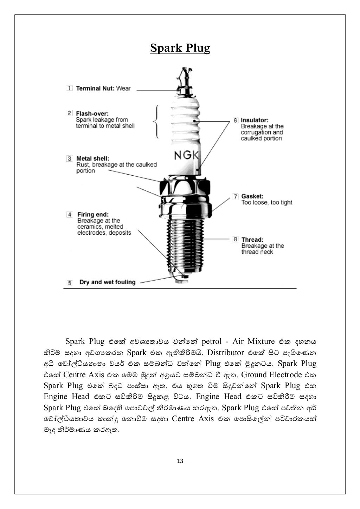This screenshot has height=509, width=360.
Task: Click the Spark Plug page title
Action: [x=180, y=48]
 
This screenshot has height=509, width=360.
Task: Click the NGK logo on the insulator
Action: [x=186, y=155]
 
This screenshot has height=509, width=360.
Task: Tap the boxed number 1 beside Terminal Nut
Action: [x=70, y=88]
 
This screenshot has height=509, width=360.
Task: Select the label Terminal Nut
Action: [x=95, y=89]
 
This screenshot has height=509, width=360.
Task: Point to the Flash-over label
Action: [x=92, y=113]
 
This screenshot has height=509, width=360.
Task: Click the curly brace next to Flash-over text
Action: [x=156, y=122]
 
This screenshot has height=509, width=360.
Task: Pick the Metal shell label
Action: [x=93, y=158]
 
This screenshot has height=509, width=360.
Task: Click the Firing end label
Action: [x=93, y=214]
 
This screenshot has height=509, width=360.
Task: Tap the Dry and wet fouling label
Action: [x=107, y=282]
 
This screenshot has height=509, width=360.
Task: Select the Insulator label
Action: [x=255, y=120]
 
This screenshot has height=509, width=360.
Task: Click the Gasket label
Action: [x=252, y=196]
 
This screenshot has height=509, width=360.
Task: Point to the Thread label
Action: [x=252, y=240]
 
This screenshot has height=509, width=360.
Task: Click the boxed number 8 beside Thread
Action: [x=236, y=240]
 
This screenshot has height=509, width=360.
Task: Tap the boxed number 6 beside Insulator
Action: [x=236, y=120]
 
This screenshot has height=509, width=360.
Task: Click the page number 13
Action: [x=180, y=461]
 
